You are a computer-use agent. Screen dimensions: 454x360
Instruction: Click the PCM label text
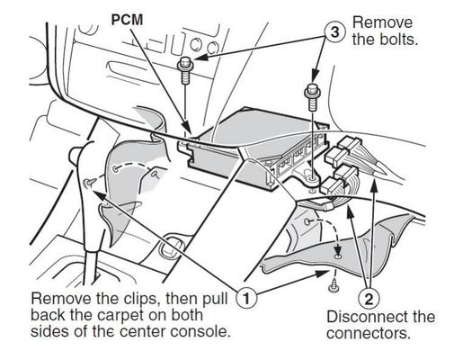pyautogui.click(x=127, y=20)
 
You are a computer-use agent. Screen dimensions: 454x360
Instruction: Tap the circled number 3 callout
pyautogui.click(x=335, y=31)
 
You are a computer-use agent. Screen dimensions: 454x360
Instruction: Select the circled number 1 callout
pyautogui.click(x=246, y=299)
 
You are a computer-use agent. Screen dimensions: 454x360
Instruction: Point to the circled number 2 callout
pyautogui.click(x=369, y=299)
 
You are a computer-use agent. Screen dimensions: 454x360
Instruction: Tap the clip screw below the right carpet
pyautogui.click(x=334, y=286)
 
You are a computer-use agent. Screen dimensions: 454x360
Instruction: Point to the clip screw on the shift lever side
pyautogui.click(x=89, y=182)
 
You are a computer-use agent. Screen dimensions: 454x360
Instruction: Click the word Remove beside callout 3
pyautogui.click(x=383, y=22)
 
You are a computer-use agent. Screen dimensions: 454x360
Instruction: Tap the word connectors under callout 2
pyautogui.click(x=369, y=333)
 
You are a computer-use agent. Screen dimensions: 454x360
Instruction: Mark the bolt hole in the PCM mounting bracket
pyautogui.click(x=313, y=180)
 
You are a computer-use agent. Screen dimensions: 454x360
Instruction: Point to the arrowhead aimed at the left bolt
pyautogui.click(x=200, y=57)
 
